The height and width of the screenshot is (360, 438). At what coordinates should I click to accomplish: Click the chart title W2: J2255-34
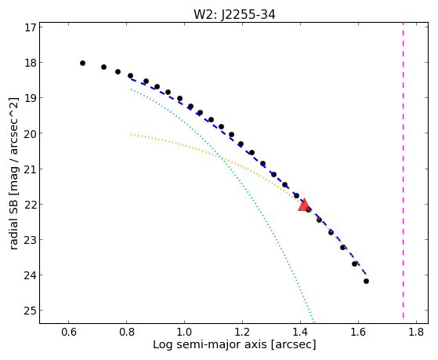click(x=234, y=14)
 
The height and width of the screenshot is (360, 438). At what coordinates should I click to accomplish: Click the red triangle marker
click(x=304, y=205)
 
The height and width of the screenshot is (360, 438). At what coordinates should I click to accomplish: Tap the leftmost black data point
click(x=82, y=64)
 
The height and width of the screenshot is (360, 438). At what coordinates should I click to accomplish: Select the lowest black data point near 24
click(x=366, y=281)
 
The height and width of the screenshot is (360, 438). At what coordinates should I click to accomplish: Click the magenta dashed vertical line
click(x=403, y=170)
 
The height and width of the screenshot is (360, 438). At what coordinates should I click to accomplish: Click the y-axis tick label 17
click(x=31, y=27)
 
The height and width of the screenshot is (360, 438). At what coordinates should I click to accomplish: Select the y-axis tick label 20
click(x=31, y=133)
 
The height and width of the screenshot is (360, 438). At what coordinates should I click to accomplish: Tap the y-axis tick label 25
click(x=31, y=311)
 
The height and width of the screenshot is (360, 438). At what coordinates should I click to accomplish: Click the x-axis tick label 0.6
click(x=69, y=332)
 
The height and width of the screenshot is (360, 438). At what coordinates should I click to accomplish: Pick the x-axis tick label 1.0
click(x=184, y=332)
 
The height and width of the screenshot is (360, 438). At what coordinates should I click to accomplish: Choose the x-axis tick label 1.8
click(x=416, y=332)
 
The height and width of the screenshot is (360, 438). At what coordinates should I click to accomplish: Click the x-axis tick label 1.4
click(x=300, y=332)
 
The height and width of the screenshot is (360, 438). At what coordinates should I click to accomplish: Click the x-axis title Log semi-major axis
click(x=210, y=344)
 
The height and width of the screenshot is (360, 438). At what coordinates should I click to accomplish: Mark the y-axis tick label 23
click(x=31, y=239)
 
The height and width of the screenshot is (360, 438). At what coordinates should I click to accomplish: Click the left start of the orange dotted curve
click(x=131, y=135)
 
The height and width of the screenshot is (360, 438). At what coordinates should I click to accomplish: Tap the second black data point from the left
click(x=103, y=67)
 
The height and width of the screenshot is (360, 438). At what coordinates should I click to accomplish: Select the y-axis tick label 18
click(x=31, y=63)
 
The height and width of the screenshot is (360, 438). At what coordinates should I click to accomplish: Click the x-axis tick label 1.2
click(x=242, y=332)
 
